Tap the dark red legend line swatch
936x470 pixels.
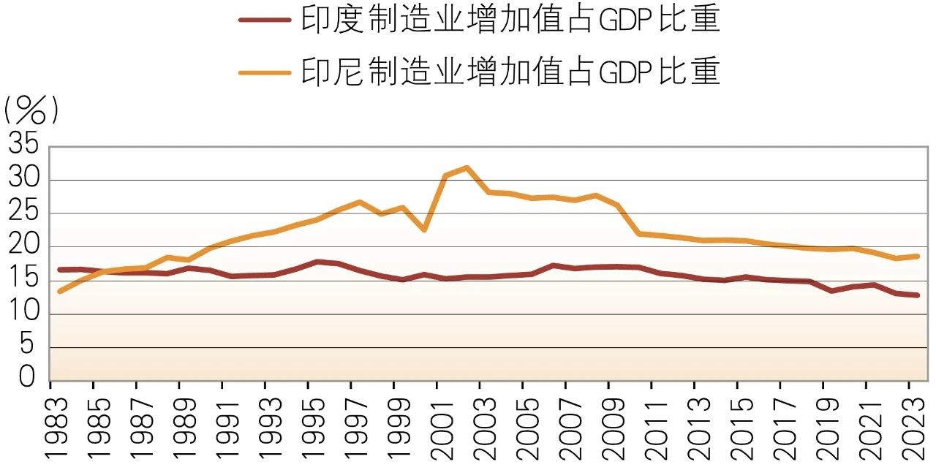[265, 20]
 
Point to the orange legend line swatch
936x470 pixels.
[265, 72]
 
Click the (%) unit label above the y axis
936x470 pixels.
[31, 111]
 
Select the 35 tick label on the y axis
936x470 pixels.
[23, 145]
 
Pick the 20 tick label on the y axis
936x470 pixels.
[23, 246]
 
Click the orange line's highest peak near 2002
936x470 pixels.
[467, 167]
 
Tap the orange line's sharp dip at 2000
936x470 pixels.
[424, 230]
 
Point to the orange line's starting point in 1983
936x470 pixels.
[59, 292]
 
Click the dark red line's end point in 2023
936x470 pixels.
[918, 295]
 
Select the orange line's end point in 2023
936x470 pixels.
[918, 256]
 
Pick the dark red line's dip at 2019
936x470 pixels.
[831, 291]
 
